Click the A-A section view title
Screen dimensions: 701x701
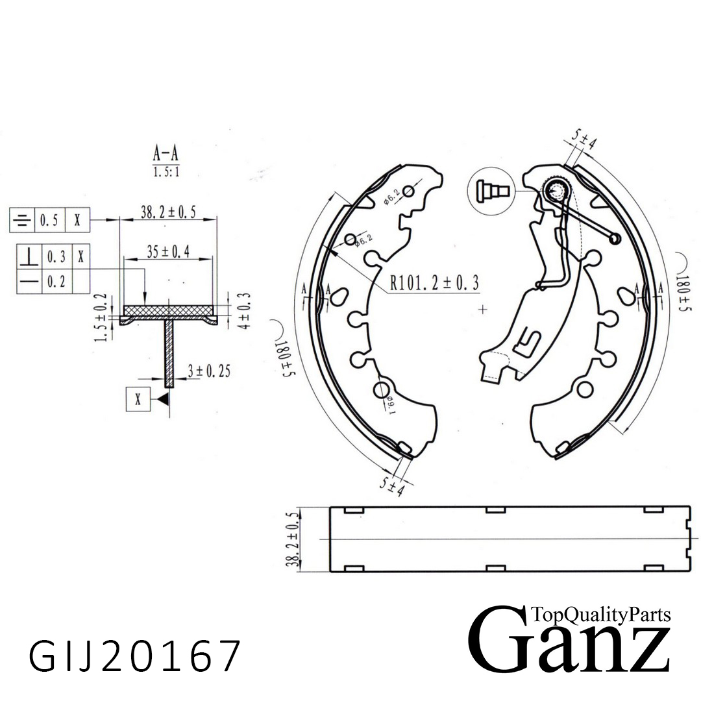click(166, 154)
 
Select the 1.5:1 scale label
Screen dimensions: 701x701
click(166, 173)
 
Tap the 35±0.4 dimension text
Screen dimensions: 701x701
click(167, 253)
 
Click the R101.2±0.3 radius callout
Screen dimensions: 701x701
click(434, 282)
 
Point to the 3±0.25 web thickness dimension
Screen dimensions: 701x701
click(207, 371)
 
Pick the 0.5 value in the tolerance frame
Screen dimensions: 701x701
click(49, 221)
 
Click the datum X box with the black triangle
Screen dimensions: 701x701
click(138, 399)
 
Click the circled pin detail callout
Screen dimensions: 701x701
click(490, 190)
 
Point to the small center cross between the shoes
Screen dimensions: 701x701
click(482, 310)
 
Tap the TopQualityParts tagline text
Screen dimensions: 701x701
click(600, 614)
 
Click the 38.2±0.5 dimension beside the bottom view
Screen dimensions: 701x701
click(293, 539)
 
